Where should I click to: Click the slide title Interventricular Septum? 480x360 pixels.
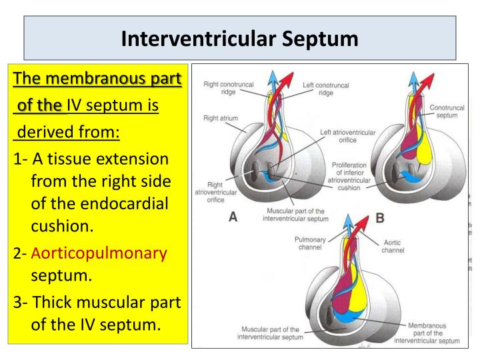[239, 38]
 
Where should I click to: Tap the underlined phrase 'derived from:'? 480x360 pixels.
[67, 131]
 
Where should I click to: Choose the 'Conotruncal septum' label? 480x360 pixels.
[447, 111]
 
